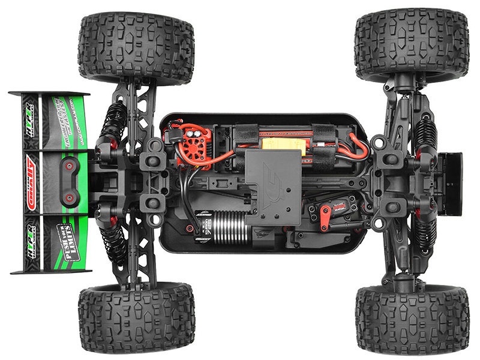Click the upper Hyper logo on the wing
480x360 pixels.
tap(28, 114)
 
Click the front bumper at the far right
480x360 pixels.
tap(451, 182)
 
